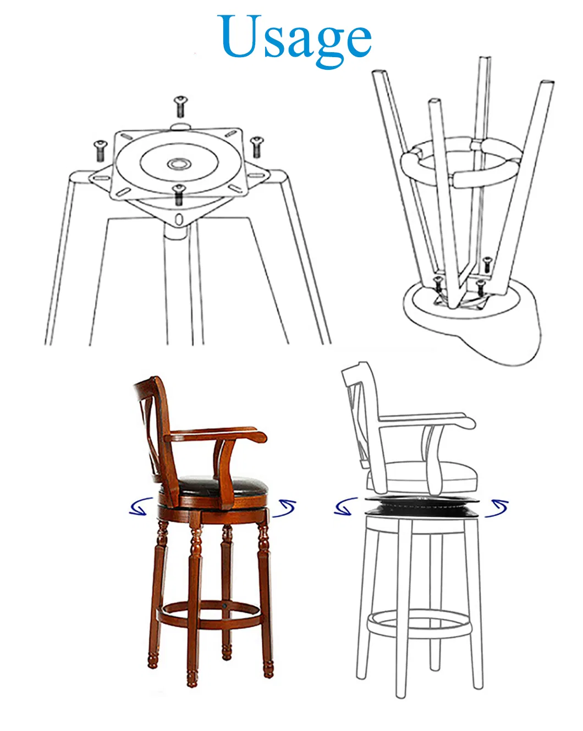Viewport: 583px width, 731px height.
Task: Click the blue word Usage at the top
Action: click(x=296, y=37)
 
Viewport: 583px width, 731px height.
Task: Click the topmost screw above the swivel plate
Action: click(x=181, y=106)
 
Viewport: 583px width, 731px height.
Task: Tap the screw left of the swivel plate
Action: click(x=100, y=149)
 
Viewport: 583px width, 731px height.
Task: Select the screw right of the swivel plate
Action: click(x=256, y=147)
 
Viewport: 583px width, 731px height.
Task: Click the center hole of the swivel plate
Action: click(x=178, y=163)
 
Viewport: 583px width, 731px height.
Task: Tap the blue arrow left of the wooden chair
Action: click(x=141, y=506)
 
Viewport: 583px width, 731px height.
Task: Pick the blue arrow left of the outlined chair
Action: click(x=345, y=506)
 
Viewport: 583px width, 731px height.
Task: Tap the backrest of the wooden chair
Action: click(x=151, y=423)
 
